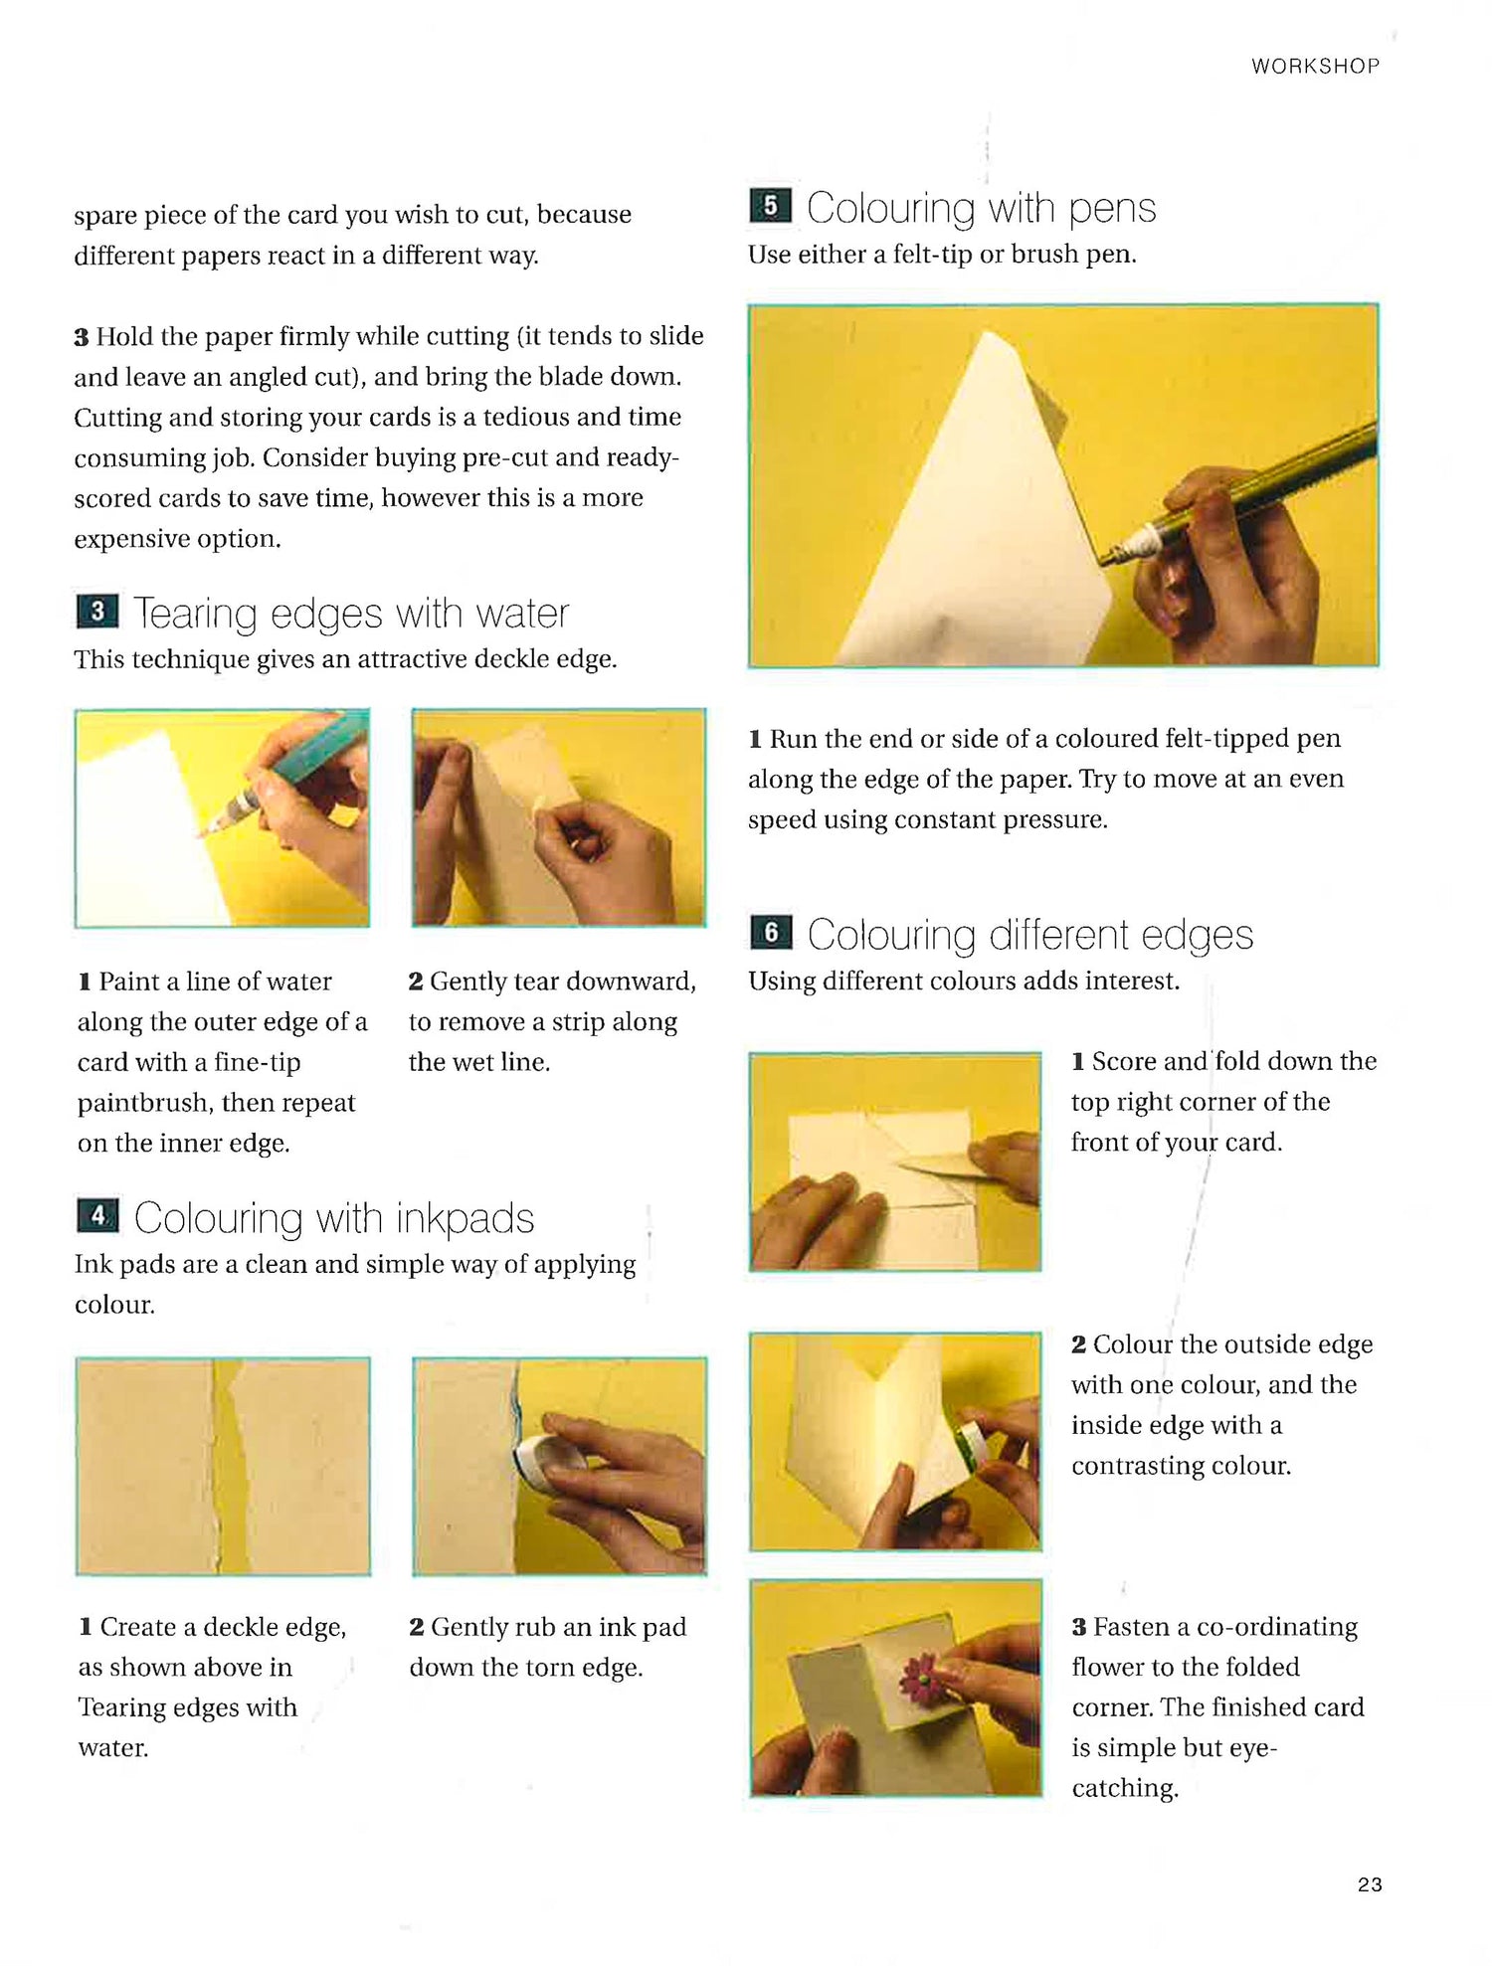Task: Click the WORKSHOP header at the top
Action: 1315,66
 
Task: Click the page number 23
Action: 1370,1884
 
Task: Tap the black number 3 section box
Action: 97,612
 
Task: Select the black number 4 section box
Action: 97,1215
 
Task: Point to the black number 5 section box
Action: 770,206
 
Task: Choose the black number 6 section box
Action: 771,933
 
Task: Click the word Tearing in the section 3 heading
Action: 195,615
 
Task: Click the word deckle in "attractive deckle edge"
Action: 497,659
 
